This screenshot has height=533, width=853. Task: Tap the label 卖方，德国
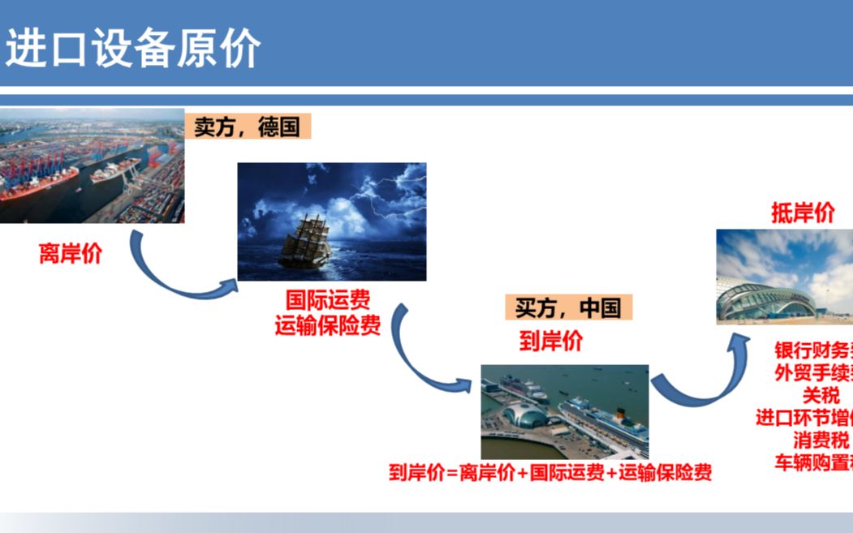pos(248,127)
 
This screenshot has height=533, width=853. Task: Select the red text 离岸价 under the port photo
pos(71,253)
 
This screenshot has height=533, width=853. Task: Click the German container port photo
pos(92,165)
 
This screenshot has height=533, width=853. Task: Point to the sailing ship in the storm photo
pos(305,240)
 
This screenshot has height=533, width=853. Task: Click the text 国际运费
pos(327,303)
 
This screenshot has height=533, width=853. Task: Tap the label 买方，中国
pos(568,307)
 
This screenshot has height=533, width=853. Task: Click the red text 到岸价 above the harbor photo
pos(551,341)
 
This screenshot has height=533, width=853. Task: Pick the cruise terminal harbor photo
pos(564,411)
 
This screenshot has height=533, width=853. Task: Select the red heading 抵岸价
pos(803,213)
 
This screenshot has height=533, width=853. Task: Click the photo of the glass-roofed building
pos(784,276)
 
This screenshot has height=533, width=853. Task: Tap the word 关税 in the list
pos(821,395)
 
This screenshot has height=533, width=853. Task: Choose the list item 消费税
pos(821,441)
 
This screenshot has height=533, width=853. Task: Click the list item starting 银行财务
pos(812,350)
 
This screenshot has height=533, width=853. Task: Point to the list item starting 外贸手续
pos(812,373)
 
